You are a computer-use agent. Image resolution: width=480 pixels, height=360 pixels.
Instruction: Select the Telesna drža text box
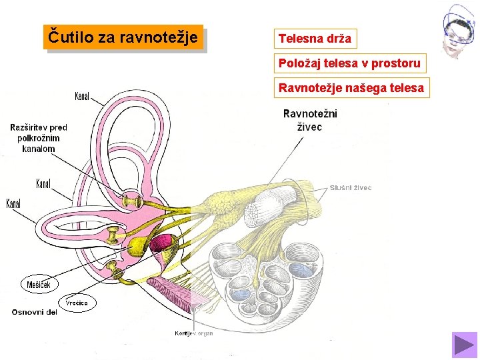point(315,39)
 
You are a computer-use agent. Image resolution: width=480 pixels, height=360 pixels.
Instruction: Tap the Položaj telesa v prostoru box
point(349,63)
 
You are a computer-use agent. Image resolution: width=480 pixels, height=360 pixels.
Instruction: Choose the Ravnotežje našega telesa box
point(351,87)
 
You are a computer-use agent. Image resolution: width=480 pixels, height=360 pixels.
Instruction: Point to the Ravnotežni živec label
point(310,120)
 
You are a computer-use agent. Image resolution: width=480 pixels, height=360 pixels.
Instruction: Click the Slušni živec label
point(351,187)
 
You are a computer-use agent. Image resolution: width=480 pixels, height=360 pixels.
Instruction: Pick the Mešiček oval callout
point(39,285)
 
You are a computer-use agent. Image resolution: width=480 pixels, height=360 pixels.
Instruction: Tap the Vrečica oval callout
point(77,303)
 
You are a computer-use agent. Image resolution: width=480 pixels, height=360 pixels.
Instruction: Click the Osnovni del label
point(35,311)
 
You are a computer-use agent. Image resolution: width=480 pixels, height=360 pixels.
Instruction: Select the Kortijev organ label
point(194,333)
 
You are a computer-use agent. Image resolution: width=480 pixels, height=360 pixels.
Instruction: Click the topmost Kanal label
point(82,97)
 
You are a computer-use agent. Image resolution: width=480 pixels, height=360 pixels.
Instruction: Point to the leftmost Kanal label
point(13,203)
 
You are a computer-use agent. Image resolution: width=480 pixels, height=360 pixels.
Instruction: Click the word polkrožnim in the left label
point(39,138)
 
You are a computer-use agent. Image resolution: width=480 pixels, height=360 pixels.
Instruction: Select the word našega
point(365,87)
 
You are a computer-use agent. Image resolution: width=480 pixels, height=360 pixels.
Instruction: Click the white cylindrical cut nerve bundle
point(265,203)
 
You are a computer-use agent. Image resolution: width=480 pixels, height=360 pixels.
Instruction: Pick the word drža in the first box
point(339,39)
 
